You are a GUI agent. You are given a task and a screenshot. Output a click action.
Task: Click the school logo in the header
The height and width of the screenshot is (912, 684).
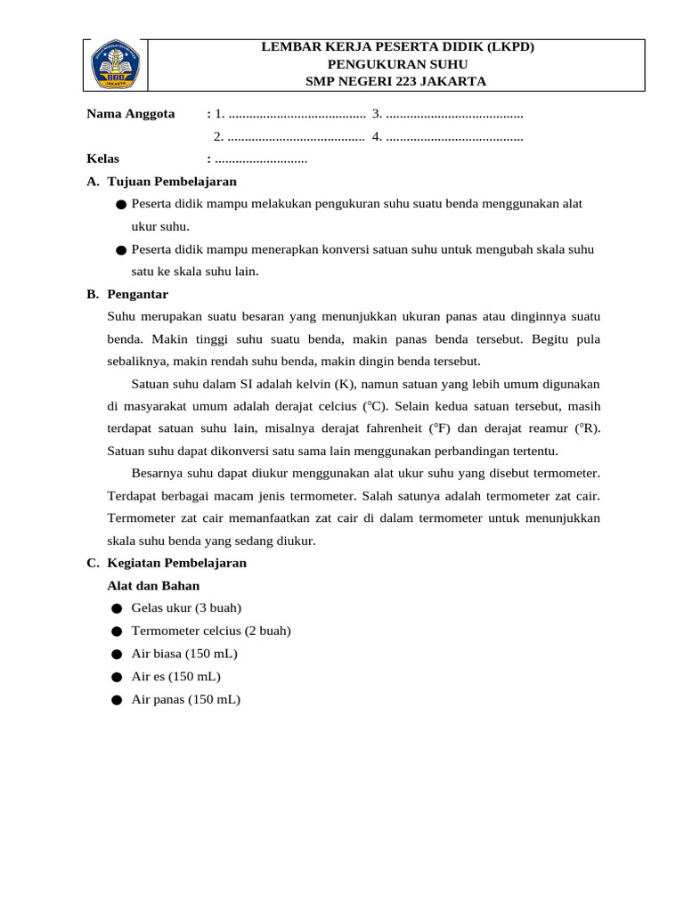pos(116,64)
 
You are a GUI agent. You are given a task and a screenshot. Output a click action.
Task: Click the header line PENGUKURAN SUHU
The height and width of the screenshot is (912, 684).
pos(396,64)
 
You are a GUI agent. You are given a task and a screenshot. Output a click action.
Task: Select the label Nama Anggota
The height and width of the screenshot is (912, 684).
pos(130,114)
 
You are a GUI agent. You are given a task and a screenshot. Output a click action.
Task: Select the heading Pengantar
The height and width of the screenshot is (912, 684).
pos(137,294)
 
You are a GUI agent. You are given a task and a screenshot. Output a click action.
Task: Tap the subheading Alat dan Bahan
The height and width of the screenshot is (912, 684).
pos(153,586)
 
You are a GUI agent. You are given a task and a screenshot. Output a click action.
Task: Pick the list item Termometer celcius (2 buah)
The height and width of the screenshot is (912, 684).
pos(211,631)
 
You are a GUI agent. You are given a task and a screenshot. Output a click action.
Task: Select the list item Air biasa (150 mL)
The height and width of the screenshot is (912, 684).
pos(184,654)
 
